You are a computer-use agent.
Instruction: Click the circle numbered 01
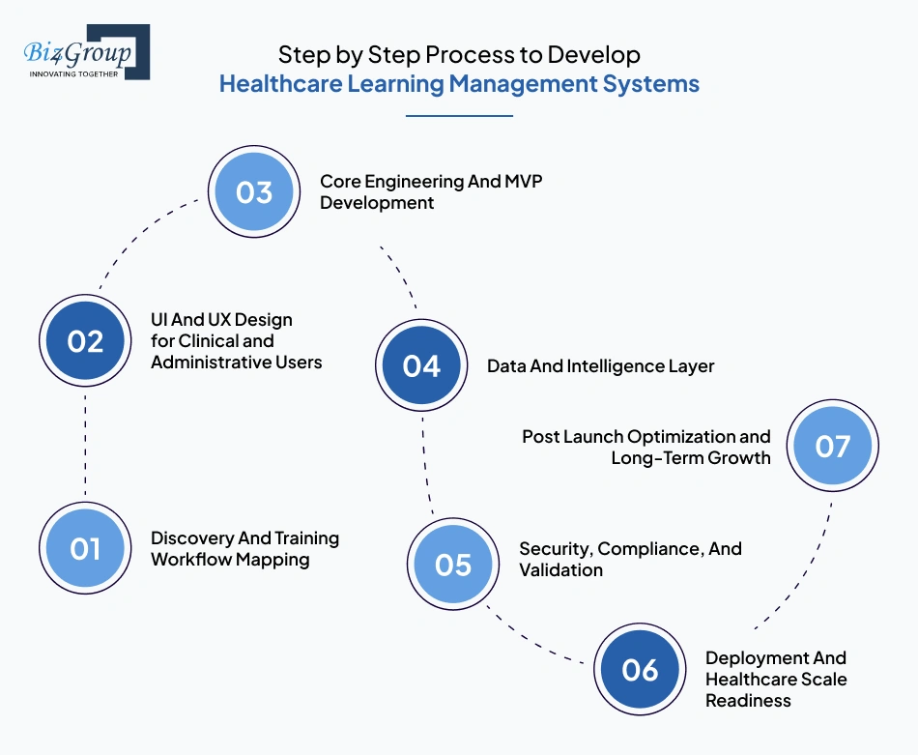pos(85,548)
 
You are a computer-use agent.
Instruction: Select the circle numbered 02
pos(85,340)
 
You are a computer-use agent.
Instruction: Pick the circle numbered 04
pos(421,365)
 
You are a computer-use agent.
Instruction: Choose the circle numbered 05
pos(452,564)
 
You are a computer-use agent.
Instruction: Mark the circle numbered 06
pos(639,669)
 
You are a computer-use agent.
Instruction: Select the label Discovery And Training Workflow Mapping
pos(244,548)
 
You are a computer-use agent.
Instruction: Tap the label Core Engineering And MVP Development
pos(431,191)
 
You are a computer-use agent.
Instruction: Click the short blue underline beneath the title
pos(458,116)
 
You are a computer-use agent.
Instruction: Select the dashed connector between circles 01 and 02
pos(85,445)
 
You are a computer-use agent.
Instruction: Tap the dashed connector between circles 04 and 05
pos(425,464)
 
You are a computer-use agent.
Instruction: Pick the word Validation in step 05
pos(560,569)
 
